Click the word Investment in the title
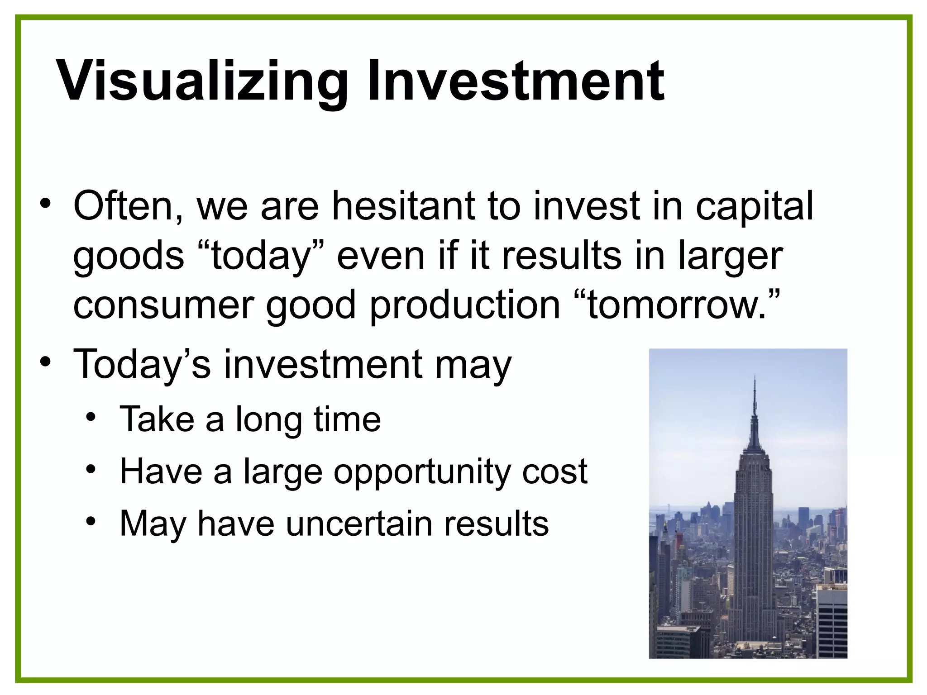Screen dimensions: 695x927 [x=516, y=81]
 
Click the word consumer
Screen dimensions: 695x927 [x=163, y=305]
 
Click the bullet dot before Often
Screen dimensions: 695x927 [x=45, y=204]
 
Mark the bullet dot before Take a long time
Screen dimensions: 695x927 [x=91, y=417]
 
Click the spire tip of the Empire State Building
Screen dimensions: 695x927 [x=754, y=377]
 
